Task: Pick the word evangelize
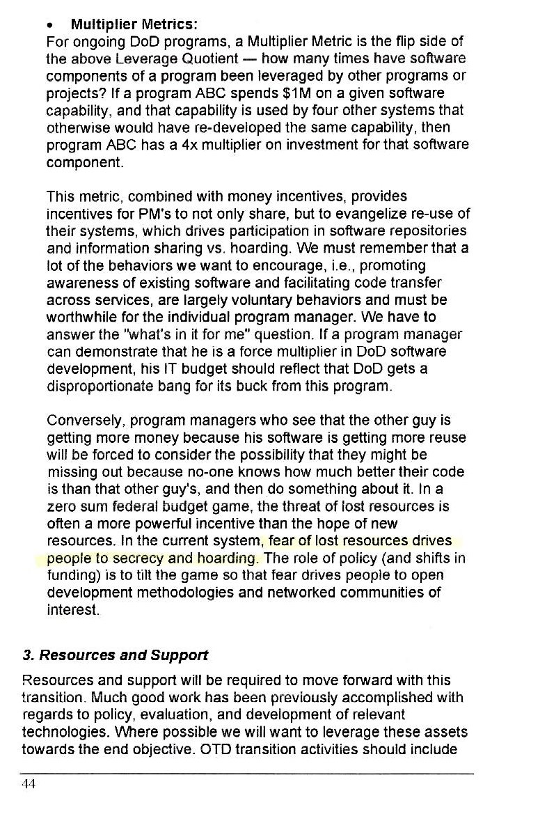pyautogui.click(x=370, y=213)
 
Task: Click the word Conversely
pyautogui.click(x=78, y=421)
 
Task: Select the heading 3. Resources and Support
pyautogui.click(x=115, y=655)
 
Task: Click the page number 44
pyautogui.click(x=29, y=783)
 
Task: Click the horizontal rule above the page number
pyautogui.click(x=247, y=774)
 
